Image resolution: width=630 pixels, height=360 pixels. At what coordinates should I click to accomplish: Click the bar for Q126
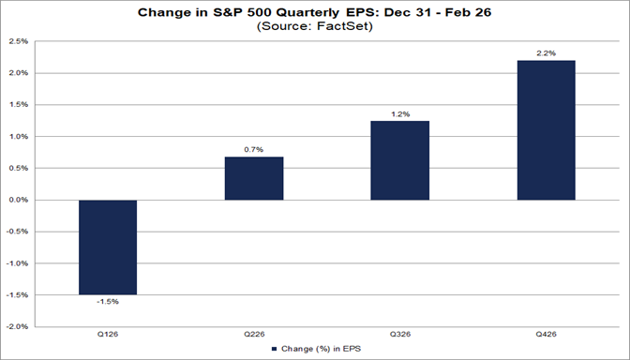click(108, 247)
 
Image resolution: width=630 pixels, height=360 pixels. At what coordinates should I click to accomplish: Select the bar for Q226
click(254, 178)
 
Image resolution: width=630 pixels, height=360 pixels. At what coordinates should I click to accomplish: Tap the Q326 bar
click(400, 160)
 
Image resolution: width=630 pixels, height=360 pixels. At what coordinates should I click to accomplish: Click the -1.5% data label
click(108, 302)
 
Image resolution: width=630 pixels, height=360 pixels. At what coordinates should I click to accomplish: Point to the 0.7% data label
click(254, 148)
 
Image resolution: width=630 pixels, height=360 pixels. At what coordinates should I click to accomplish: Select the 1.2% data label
click(400, 113)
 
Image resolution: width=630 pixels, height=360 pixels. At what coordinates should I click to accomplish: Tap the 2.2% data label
click(547, 52)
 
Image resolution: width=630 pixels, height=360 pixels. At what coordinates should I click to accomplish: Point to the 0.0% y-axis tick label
click(17, 200)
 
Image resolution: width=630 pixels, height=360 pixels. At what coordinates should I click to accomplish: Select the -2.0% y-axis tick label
click(16, 327)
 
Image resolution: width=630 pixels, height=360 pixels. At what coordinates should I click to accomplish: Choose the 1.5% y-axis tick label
click(17, 105)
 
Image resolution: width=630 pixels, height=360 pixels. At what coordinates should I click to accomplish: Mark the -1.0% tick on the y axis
click(16, 263)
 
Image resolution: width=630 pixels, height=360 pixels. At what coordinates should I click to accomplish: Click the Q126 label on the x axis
click(108, 335)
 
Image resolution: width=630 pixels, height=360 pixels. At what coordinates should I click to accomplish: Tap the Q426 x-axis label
click(547, 335)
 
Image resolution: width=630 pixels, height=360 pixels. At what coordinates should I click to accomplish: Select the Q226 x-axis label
click(254, 335)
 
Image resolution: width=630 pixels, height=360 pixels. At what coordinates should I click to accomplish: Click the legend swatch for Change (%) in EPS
click(275, 349)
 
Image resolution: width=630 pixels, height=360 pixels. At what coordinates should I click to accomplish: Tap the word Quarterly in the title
click(307, 12)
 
